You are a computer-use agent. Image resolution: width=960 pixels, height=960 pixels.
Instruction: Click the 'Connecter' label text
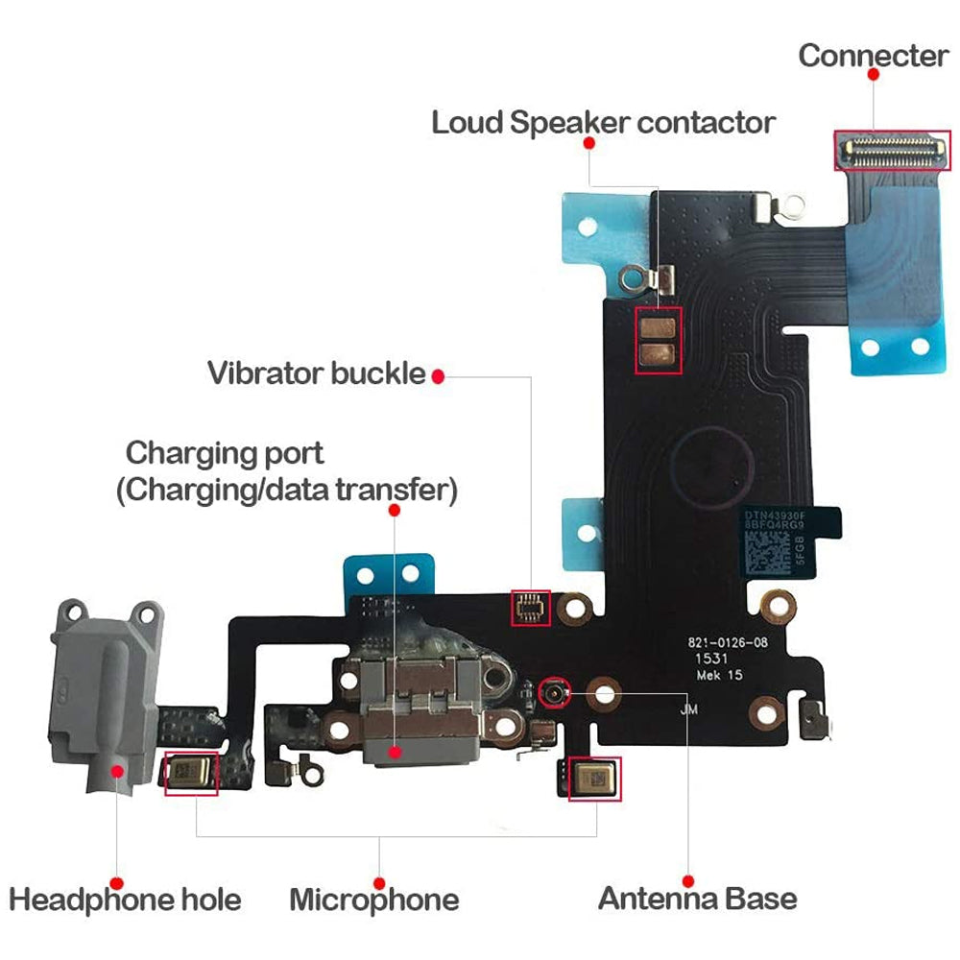[x=873, y=56]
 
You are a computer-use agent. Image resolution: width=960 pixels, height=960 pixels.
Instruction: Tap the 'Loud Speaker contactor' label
[x=603, y=123]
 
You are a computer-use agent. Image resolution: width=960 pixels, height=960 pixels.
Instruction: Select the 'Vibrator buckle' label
[x=316, y=373]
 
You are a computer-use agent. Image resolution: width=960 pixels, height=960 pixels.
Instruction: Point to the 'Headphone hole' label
[x=125, y=900]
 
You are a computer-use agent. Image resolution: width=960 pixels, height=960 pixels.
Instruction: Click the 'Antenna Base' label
[x=697, y=899]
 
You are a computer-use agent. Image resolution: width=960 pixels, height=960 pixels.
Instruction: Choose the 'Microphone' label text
[x=373, y=900]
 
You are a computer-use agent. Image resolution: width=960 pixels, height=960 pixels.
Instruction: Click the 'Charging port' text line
[x=225, y=452]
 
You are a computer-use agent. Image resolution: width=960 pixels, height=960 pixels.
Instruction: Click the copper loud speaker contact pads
[x=659, y=341]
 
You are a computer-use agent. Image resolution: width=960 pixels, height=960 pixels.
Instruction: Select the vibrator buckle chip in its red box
[x=529, y=608]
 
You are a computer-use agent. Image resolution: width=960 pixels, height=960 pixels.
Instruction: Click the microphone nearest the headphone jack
[x=191, y=773]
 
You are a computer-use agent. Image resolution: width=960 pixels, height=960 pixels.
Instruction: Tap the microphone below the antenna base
[x=594, y=777]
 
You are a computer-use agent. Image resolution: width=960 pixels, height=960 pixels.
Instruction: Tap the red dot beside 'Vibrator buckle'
[x=438, y=375]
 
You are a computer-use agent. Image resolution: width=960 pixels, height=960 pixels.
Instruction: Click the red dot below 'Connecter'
[x=873, y=73]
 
